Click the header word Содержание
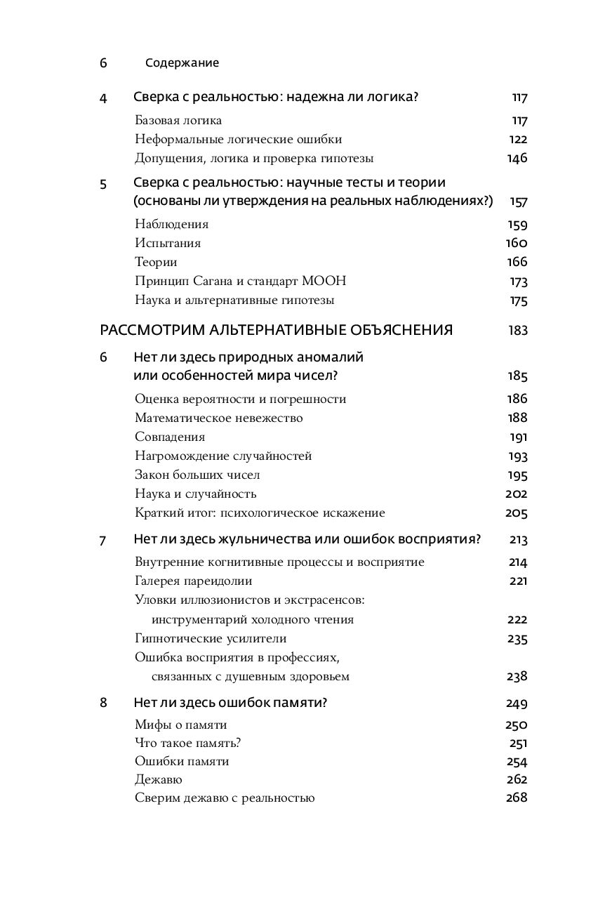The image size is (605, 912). (182, 63)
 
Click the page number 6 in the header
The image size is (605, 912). (103, 63)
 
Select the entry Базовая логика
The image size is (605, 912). (178, 121)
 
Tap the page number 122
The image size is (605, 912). (517, 140)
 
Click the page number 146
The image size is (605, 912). (517, 159)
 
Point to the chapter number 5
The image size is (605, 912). (103, 184)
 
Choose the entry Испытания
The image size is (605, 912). (168, 244)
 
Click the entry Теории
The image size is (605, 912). (156, 263)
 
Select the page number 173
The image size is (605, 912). (518, 282)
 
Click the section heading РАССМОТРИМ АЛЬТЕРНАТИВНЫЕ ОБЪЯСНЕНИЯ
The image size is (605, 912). (277, 331)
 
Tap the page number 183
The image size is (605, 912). (518, 331)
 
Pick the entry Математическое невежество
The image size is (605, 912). (218, 418)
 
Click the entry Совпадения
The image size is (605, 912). (170, 437)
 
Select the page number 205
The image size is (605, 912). (516, 513)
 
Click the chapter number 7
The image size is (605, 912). (103, 541)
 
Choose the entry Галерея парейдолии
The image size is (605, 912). (193, 581)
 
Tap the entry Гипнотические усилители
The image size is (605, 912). (211, 639)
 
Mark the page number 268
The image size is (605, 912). (516, 798)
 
